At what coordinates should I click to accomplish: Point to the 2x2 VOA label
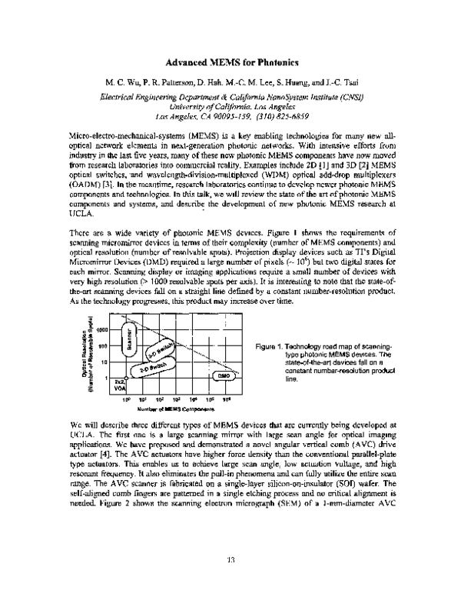point(119,385)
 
